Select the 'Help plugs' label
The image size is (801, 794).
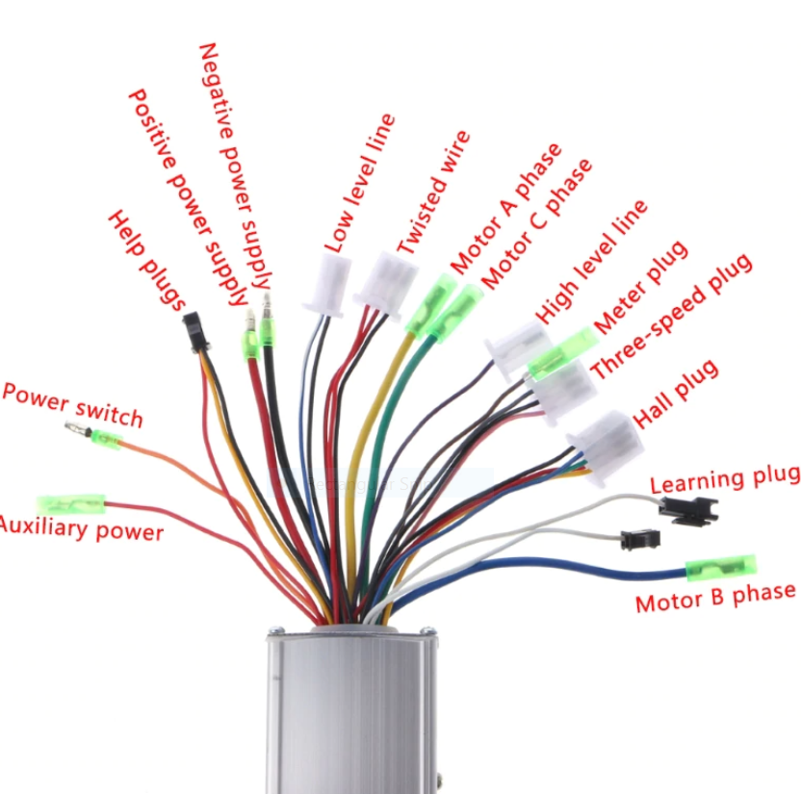pos(146,260)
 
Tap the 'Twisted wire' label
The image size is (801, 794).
pos(433,192)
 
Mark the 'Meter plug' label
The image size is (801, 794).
pos(640,288)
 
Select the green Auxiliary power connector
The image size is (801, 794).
pos(71,505)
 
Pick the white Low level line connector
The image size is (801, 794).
pos(328,286)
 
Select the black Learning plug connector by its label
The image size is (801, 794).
pos(688,511)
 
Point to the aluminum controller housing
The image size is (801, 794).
pos(351,709)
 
